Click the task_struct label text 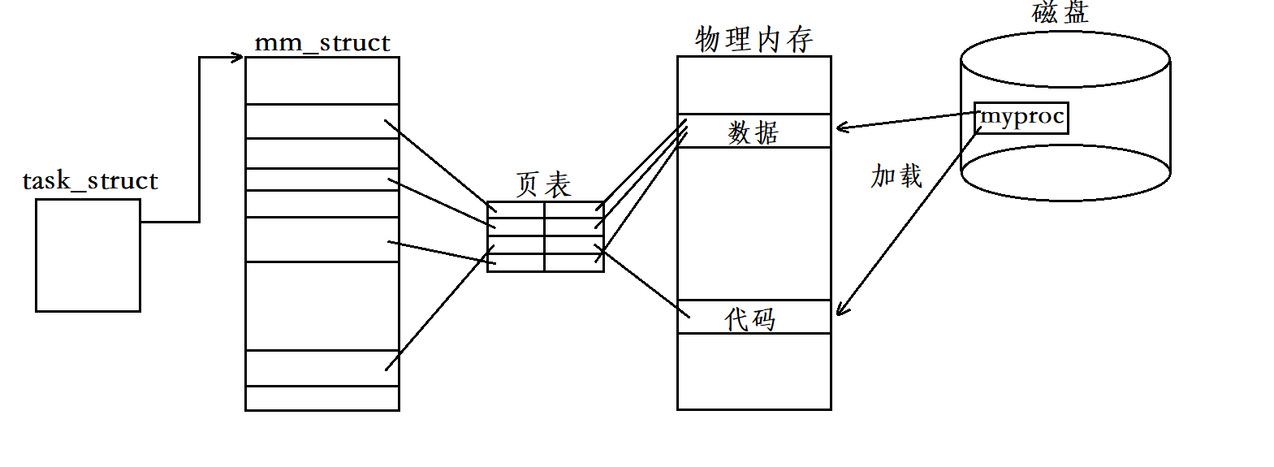click(89, 180)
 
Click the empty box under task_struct click(88, 255)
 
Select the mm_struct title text click(322, 42)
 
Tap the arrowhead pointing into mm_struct click(238, 57)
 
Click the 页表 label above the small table click(543, 185)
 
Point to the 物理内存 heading click(754, 39)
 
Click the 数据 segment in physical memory click(754, 132)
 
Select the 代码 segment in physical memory click(751, 318)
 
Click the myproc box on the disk click(1021, 118)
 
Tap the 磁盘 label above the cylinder click(1060, 12)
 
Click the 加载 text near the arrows click(896, 176)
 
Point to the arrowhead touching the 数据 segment click(841, 127)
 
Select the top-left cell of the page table click(516, 210)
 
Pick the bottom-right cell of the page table click(574, 262)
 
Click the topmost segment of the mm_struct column click(322, 80)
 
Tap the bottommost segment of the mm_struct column click(322, 398)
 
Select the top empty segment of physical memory click(754, 85)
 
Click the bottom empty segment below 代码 click(754, 371)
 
